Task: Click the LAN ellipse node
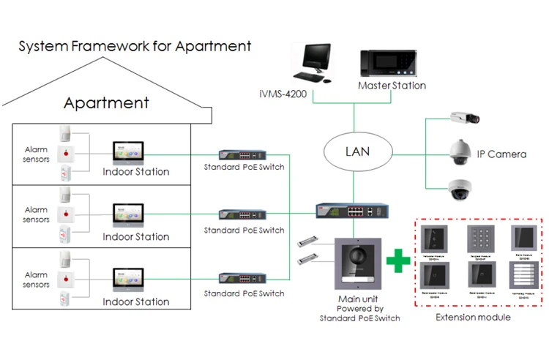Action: click(358, 152)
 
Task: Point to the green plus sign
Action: click(398, 262)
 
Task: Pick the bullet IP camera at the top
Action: click(462, 117)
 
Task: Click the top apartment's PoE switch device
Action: click(243, 154)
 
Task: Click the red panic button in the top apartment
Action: click(68, 154)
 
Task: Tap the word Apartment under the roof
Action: click(106, 102)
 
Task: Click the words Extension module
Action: click(473, 317)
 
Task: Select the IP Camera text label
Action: click(501, 154)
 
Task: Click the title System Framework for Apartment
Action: click(135, 47)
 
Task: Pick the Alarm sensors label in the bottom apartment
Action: click(36, 280)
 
